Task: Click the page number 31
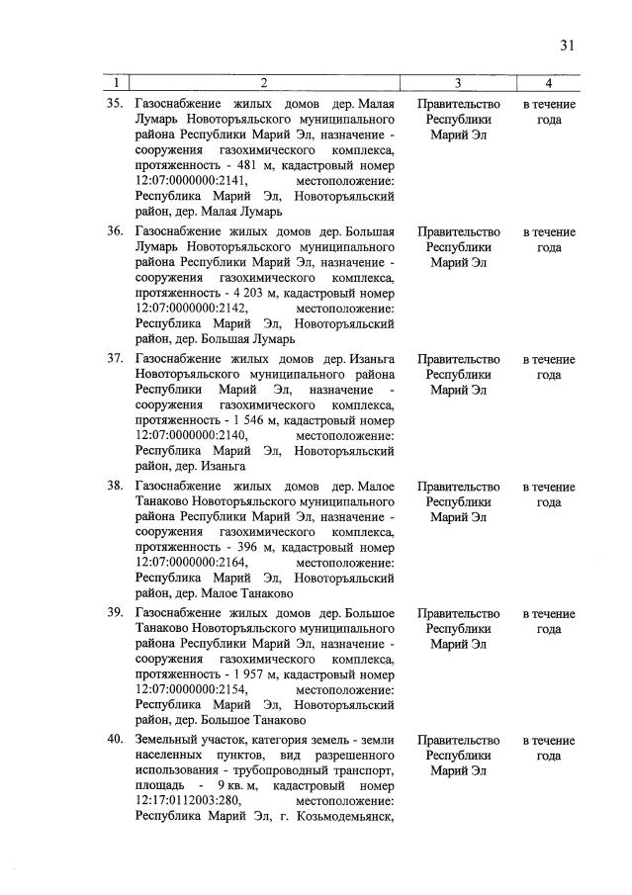(566, 45)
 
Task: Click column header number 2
(264, 82)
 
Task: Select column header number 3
(458, 82)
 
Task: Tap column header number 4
(549, 82)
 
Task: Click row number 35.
(114, 104)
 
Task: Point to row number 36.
(114, 231)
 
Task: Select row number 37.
(114, 359)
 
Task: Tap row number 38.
(114, 487)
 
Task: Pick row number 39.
(114, 614)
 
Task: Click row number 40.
(114, 741)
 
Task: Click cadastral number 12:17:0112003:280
(187, 803)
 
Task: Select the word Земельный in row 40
(169, 741)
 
